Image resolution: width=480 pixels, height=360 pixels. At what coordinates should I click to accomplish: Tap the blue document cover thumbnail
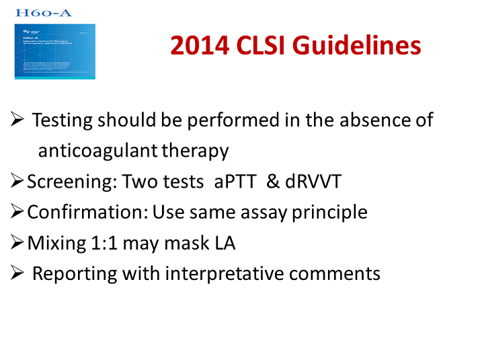pos(55,51)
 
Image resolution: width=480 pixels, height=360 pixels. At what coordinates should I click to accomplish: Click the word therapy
pos(196,151)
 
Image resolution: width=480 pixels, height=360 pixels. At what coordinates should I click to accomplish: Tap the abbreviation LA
pos(223,243)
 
